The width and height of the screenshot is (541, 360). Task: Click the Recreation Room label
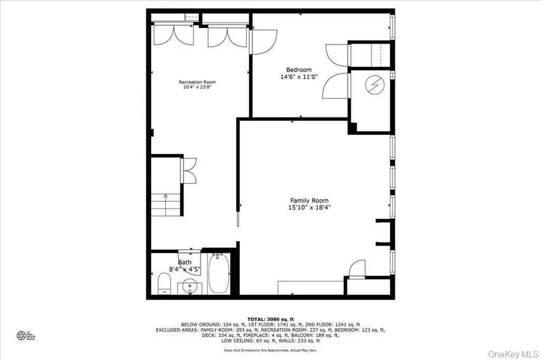coord(197,82)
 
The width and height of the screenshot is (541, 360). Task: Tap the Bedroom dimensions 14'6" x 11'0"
coord(299,77)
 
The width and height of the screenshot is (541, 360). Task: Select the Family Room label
coord(310,201)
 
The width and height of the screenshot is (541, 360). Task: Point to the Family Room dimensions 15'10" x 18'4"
coord(310,207)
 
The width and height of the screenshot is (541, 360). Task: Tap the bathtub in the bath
coord(219,273)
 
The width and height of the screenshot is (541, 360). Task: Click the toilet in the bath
coord(164,283)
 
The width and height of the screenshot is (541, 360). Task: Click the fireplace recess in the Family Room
coord(384,232)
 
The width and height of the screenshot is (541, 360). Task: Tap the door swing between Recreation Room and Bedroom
coord(263,42)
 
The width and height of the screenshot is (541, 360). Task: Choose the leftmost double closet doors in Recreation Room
coord(173,35)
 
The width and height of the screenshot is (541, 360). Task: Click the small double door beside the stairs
coord(188,170)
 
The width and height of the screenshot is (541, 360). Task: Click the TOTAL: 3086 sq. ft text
coord(270,319)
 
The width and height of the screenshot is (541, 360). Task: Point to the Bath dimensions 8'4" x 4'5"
coord(184,269)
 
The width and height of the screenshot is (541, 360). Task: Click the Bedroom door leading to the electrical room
coord(336,86)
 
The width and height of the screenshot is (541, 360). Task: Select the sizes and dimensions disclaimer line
coord(270,350)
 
